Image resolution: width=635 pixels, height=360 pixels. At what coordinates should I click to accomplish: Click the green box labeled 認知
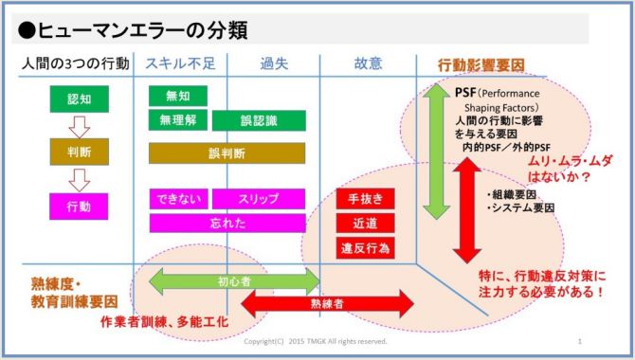coord(79,99)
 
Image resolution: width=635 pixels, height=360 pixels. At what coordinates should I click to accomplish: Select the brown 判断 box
coord(79,152)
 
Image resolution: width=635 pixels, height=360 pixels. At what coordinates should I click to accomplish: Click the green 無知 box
coord(177,96)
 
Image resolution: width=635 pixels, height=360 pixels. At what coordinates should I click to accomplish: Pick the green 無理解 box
coord(177,119)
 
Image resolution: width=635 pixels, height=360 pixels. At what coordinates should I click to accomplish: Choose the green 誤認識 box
coord(258,121)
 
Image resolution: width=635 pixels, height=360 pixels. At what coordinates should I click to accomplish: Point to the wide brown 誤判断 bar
coord(227,153)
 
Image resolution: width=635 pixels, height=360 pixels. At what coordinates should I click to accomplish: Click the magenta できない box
coord(177,199)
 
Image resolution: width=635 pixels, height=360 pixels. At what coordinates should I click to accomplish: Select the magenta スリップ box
coord(258,199)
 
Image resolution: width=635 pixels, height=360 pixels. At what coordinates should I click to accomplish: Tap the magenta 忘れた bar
coord(227,223)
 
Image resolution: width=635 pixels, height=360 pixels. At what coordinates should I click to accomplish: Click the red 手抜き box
coord(365,199)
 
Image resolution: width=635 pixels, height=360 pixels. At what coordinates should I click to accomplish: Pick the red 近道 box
coord(365,223)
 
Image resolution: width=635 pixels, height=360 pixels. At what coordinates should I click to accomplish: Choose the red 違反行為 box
coord(365,247)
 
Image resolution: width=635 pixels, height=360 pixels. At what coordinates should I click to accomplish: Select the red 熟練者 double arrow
coord(327,303)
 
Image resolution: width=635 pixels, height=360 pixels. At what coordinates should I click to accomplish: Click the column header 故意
coord(369,64)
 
